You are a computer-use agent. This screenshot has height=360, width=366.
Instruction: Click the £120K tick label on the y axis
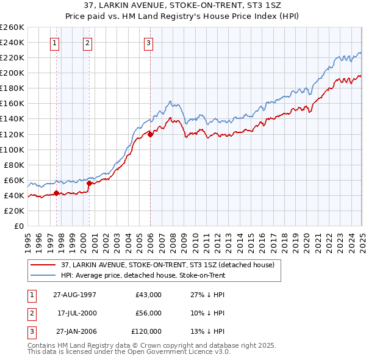(12, 134)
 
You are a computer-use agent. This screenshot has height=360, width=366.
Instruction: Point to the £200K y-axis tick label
(12, 73)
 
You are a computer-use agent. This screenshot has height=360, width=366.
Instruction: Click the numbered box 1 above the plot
(56, 43)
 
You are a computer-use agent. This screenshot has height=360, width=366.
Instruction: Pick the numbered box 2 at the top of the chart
(88, 43)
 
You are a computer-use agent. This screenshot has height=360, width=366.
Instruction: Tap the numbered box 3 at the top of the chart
(149, 43)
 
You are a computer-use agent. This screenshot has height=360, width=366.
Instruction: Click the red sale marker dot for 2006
(151, 134)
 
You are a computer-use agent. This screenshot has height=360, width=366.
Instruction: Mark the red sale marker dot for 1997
(57, 193)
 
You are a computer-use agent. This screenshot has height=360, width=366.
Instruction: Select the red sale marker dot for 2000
(89, 183)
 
